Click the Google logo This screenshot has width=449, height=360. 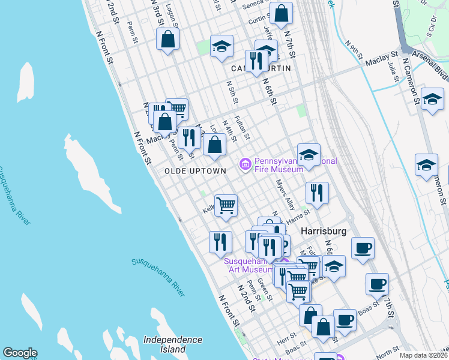tap(20, 353)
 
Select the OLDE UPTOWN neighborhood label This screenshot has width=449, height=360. tap(195, 171)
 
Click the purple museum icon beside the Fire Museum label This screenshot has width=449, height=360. tap(245, 164)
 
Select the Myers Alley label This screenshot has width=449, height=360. tap(286, 196)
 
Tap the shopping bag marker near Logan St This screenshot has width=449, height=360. tap(168, 40)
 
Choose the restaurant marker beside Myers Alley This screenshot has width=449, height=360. tap(316, 193)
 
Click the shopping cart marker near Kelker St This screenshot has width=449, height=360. tap(226, 206)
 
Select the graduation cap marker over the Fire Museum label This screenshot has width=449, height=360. tap(309, 155)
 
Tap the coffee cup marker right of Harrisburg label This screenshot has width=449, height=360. tap(362, 248)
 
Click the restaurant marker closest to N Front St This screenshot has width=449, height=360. tap(220, 242)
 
